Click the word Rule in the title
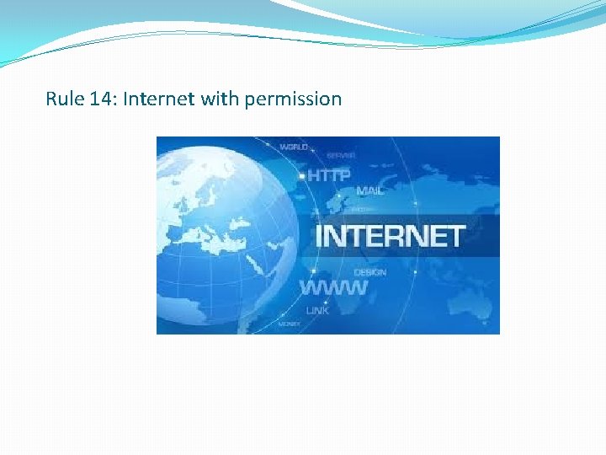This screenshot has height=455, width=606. (x=62, y=99)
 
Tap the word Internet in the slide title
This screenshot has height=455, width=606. (x=158, y=99)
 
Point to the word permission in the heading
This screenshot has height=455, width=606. (x=292, y=99)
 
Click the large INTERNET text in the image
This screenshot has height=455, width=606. (x=389, y=235)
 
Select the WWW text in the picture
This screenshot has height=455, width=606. (x=334, y=287)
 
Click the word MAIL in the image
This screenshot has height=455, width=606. (x=369, y=191)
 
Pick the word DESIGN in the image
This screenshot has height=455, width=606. (x=370, y=272)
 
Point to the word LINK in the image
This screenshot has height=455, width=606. (x=318, y=311)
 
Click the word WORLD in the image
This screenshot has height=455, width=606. (x=294, y=147)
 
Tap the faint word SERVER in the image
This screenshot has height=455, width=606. (x=341, y=155)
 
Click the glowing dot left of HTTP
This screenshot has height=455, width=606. (x=303, y=175)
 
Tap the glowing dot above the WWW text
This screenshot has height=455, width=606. (x=313, y=271)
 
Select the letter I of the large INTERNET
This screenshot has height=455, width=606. (x=318, y=235)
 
